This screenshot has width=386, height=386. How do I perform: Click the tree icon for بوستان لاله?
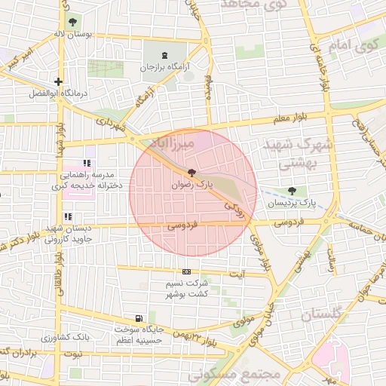pos(72,22)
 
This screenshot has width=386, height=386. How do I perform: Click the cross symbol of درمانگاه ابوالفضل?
pos(58,81)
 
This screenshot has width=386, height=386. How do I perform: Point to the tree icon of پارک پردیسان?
pos(292,191)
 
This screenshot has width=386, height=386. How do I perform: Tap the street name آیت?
pos(237,273)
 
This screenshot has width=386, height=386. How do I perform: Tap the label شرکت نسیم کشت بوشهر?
pos(187,289)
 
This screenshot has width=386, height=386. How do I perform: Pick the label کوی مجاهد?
pos(253,5)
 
